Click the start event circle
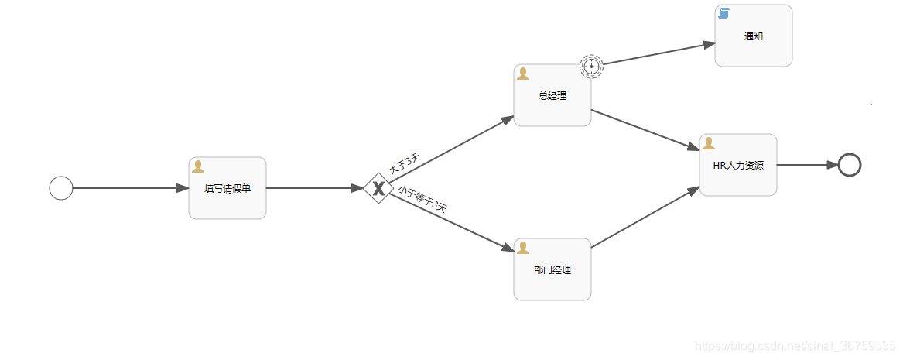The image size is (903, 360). tap(61, 188)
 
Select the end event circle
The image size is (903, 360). tap(850, 165)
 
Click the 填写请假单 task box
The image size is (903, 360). tap(227, 188)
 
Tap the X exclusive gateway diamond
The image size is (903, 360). tap(378, 188)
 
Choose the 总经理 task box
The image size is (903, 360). tap(552, 95)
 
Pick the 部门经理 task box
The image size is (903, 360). tap(552, 269)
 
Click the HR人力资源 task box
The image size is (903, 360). tap(738, 165)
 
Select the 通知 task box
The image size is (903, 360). tap(753, 36)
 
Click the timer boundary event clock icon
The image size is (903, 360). tap(591, 66)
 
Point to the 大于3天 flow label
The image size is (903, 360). tap(405, 163)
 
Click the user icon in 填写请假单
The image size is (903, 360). tap(198, 166)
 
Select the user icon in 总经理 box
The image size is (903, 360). tap(523, 74)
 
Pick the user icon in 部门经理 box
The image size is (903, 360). tap(523, 248)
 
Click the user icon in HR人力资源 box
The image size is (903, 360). tap(709, 143)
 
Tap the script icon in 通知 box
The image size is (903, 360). tap(724, 13)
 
